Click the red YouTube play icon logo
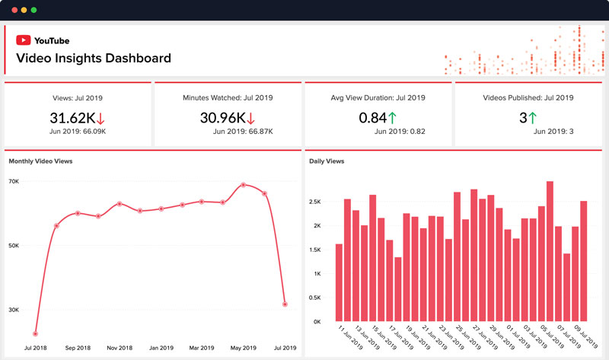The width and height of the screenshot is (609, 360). (x=24, y=40)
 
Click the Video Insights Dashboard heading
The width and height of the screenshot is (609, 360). (x=93, y=58)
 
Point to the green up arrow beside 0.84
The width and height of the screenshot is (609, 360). (x=392, y=118)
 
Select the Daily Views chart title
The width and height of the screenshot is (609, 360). (x=327, y=161)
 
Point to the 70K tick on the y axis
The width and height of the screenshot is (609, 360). (x=14, y=181)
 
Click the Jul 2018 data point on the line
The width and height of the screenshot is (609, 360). (x=36, y=333)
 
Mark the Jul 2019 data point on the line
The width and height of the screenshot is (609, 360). (x=285, y=304)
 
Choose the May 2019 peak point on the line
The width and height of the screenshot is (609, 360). (x=243, y=185)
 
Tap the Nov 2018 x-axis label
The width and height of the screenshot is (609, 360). (x=120, y=347)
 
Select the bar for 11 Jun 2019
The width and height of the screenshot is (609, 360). (x=339, y=282)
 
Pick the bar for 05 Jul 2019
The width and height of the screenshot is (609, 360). (x=550, y=251)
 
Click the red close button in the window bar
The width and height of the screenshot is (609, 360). (x=12, y=11)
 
